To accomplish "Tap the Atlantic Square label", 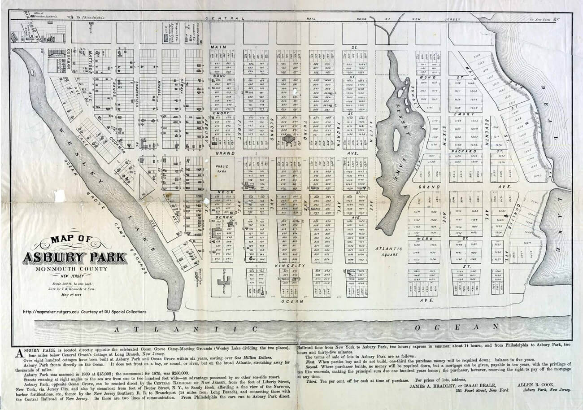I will [387, 251].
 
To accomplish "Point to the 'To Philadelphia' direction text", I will [90, 17].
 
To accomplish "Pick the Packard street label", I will [466, 152].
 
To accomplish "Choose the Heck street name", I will [222, 192].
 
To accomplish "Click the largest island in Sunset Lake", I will [396, 140].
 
